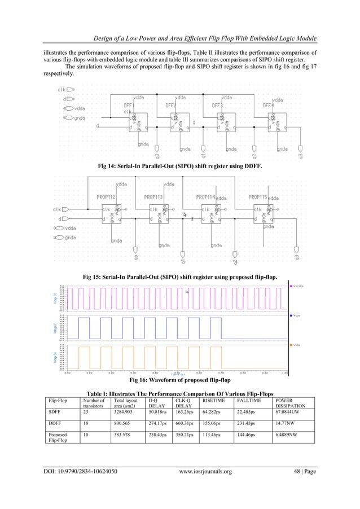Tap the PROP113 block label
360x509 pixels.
[154, 197]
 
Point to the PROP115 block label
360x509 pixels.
[258, 197]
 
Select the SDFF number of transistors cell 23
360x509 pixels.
[85, 412]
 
